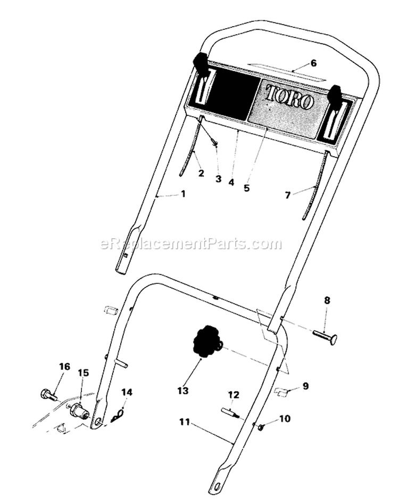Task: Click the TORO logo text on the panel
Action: pos(288,98)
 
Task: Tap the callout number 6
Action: pos(313,63)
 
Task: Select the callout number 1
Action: pos(183,194)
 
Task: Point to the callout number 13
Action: pos(183,391)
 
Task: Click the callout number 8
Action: pos(327,301)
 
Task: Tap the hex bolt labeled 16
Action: pos(48,394)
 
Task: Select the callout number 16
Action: pos(65,367)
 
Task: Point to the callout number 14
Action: pos(127,392)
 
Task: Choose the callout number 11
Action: pos(185,422)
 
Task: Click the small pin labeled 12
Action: pos(230,412)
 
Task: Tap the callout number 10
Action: pos(285,419)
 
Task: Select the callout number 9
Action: pos(305,386)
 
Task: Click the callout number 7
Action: pos(288,194)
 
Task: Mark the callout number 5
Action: pos(246,188)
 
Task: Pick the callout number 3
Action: pos(219,179)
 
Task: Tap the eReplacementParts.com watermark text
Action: pos(191,244)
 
